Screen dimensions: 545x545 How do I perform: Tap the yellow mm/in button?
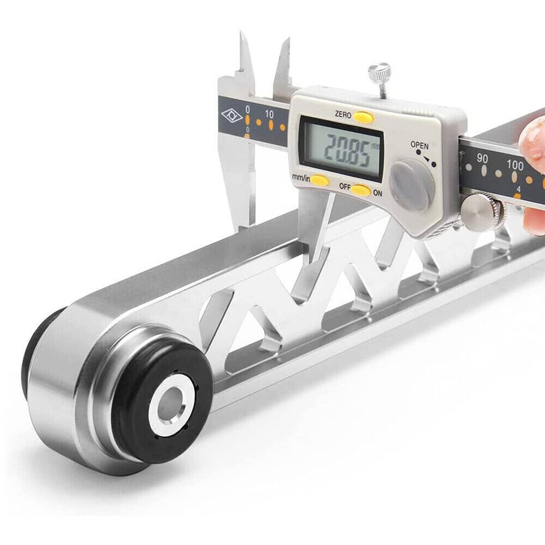click(320, 181)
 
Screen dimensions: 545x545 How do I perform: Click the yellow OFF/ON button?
click(361, 190)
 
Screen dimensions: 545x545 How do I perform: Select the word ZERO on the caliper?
click(343, 114)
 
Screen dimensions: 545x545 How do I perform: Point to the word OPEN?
click(420, 145)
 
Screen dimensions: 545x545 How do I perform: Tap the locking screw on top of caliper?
click(380, 79)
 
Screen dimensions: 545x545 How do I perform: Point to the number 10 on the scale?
click(269, 114)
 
